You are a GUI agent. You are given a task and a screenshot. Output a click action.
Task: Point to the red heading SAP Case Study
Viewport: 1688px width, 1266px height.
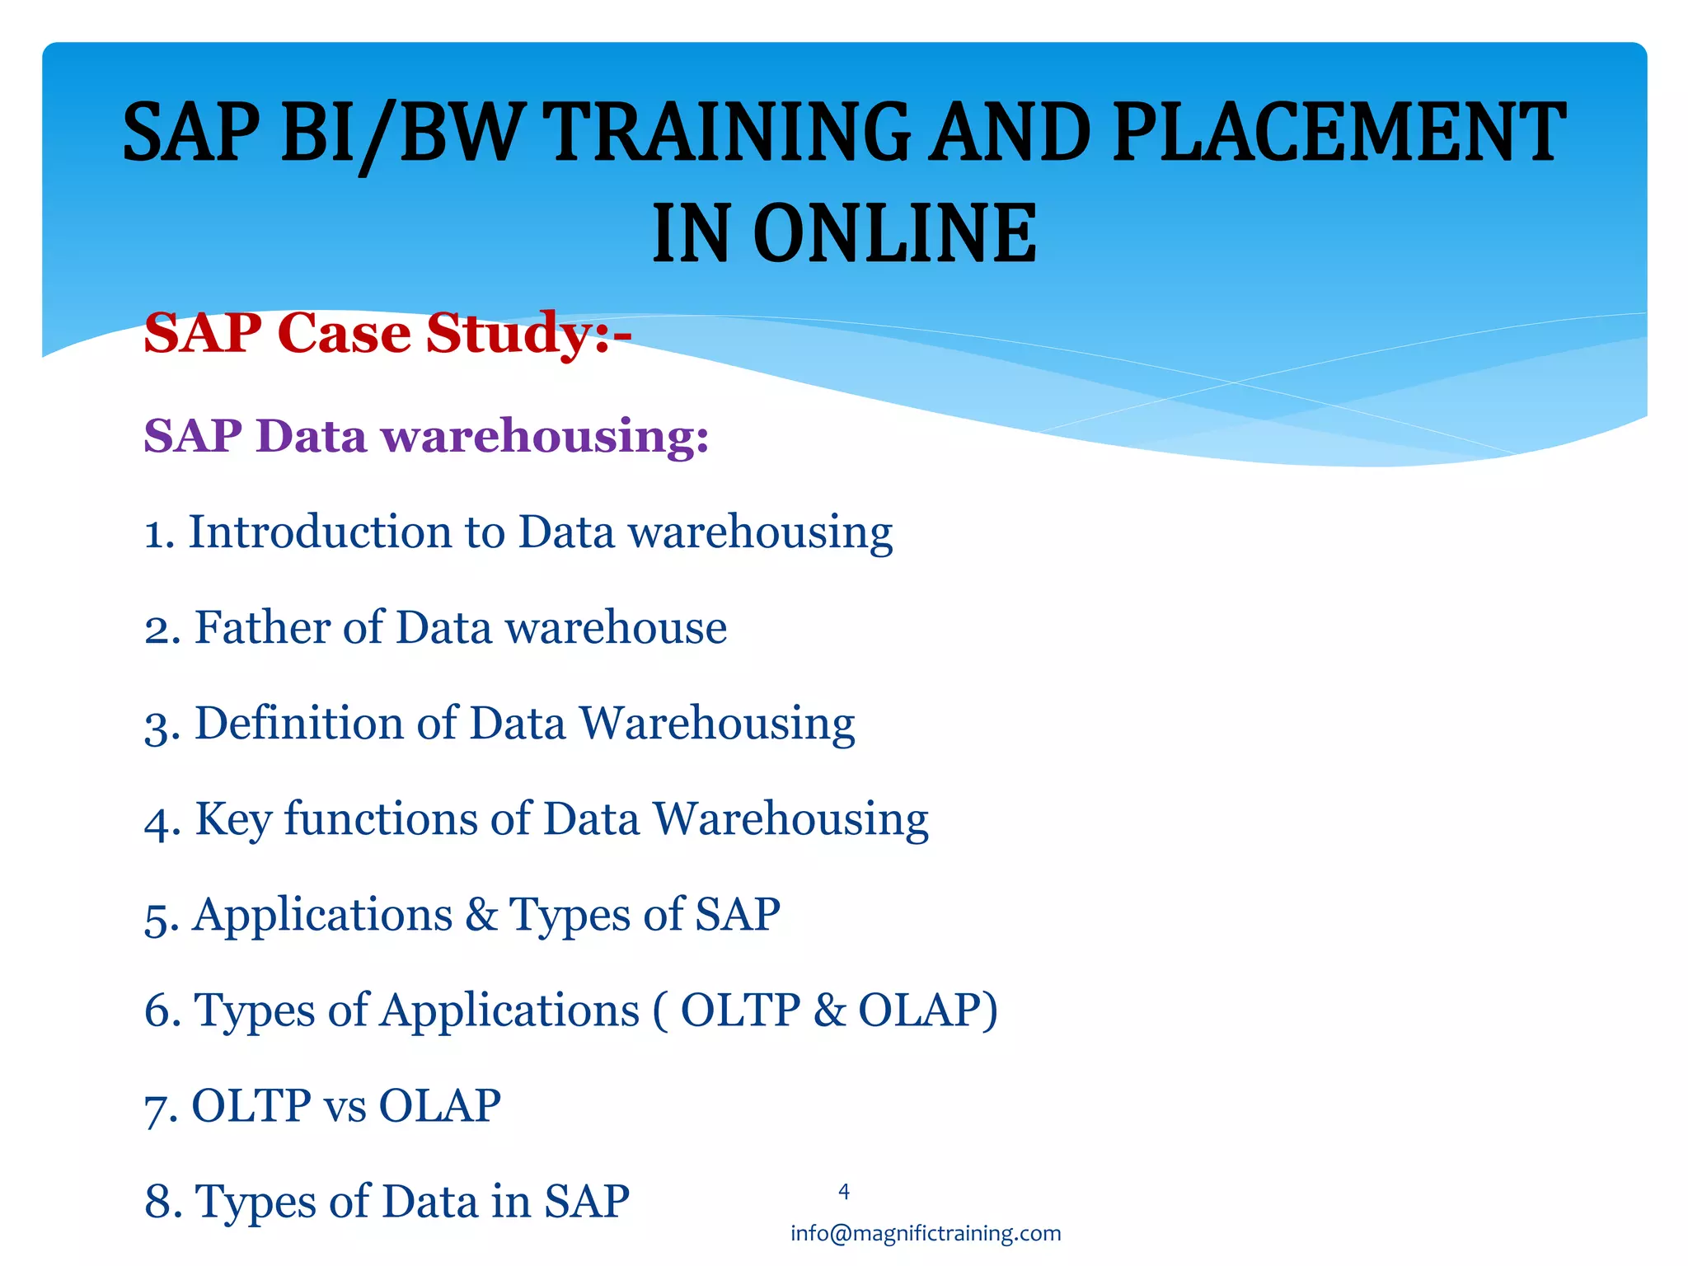point(387,333)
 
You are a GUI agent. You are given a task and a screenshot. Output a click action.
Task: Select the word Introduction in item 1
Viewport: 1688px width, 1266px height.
point(320,532)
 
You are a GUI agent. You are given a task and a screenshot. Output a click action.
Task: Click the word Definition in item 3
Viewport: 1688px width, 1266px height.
point(298,723)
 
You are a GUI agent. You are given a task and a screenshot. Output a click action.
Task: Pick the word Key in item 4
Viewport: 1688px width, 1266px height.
point(232,820)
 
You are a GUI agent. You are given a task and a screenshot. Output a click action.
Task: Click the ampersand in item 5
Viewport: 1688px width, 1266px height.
point(481,914)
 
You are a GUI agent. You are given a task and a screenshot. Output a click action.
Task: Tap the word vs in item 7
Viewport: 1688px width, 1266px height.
point(345,1106)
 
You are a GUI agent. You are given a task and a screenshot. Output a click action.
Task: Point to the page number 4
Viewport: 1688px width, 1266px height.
point(843,1191)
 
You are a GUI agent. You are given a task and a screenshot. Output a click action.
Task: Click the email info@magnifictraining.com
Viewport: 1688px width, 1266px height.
point(925,1233)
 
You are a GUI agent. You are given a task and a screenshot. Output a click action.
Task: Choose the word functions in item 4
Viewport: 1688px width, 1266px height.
point(380,819)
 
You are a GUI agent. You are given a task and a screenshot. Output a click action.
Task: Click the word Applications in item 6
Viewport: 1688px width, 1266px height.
point(509,1010)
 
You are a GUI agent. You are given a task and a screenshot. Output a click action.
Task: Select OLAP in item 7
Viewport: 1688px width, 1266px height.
point(439,1106)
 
